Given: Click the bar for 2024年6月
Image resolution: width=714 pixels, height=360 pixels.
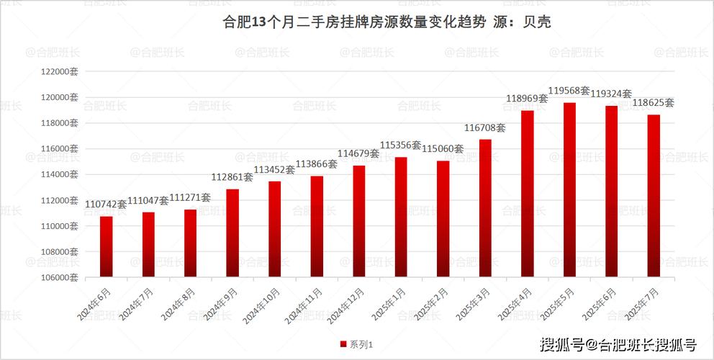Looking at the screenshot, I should click(x=106, y=246).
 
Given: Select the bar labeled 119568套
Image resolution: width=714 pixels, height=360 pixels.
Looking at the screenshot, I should click(x=569, y=189).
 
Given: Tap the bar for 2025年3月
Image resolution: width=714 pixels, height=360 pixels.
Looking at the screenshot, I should click(x=485, y=207).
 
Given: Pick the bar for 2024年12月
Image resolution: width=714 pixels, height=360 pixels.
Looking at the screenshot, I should click(x=358, y=221).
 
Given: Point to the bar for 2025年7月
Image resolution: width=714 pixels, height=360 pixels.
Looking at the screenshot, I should click(x=654, y=195).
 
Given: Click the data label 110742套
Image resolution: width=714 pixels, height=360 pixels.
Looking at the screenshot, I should click(x=106, y=204).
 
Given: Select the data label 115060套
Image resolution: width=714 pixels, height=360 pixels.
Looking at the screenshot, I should click(x=443, y=148).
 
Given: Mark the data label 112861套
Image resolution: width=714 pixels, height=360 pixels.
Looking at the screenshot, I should click(x=232, y=177).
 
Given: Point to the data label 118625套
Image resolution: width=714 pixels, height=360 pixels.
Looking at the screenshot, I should click(x=654, y=103).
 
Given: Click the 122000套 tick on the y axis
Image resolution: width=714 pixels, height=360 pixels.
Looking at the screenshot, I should click(x=60, y=72).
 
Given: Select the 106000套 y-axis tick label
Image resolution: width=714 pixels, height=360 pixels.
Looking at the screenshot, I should click(x=60, y=277).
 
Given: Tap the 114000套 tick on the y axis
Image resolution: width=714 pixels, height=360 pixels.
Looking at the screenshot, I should click(x=60, y=174).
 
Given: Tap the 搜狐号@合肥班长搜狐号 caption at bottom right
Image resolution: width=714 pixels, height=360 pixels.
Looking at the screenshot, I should click(x=618, y=344).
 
